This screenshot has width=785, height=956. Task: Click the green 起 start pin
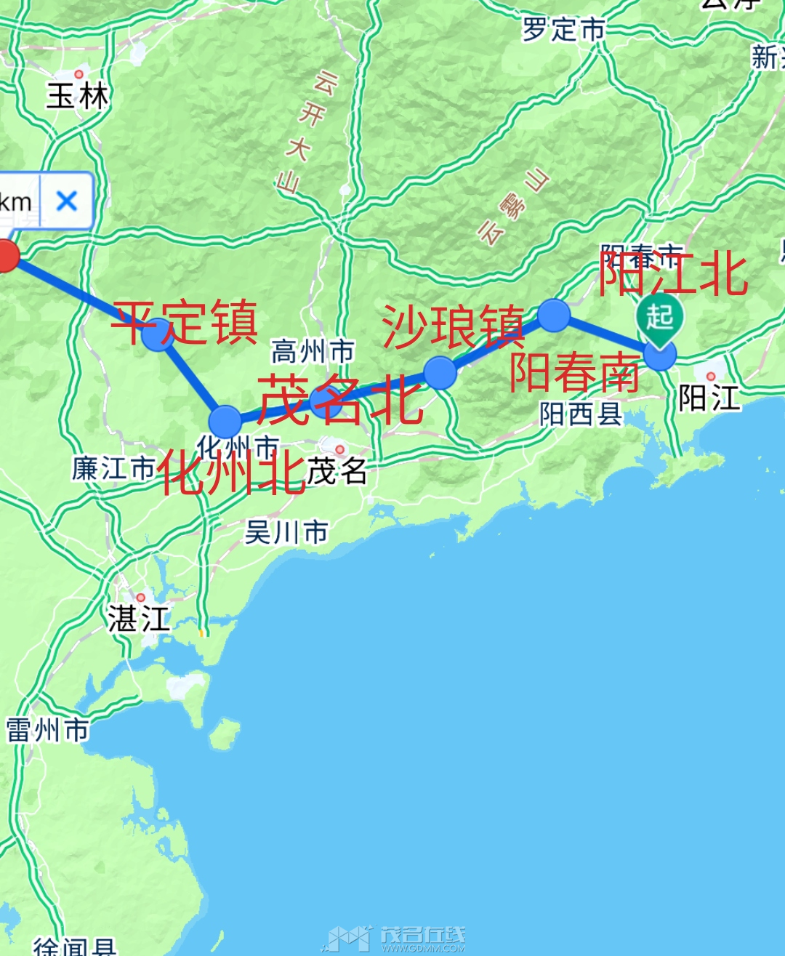click(x=659, y=318)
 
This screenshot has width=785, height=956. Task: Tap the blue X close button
click(x=67, y=200)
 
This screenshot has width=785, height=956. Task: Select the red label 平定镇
click(x=185, y=323)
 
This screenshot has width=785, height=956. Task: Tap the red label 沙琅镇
click(x=453, y=326)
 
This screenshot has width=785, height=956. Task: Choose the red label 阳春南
click(x=574, y=371)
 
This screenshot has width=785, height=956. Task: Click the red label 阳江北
click(x=673, y=273)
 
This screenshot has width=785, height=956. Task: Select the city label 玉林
click(x=77, y=96)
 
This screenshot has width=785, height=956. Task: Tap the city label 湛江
click(x=139, y=619)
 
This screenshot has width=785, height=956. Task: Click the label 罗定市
click(x=563, y=30)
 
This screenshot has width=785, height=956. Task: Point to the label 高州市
click(x=313, y=352)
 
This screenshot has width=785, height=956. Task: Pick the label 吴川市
click(x=286, y=532)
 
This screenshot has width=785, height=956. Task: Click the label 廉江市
click(x=113, y=468)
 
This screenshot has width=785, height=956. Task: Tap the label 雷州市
click(x=47, y=730)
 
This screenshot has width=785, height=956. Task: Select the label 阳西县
click(x=581, y=414)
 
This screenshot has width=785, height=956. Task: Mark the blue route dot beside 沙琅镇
click(x=440, y=373)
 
